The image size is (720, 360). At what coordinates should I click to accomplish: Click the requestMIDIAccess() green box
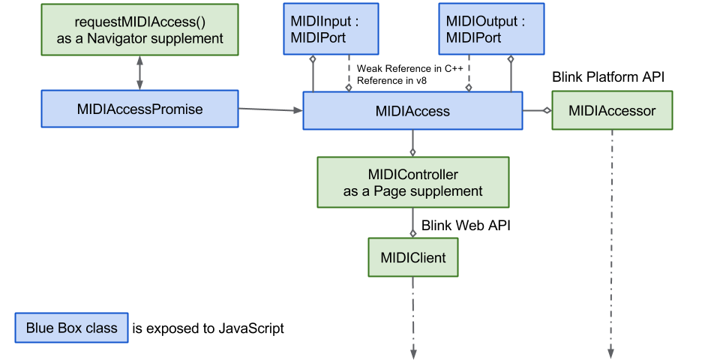tap(139, 29)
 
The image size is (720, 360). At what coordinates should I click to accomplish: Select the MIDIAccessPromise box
tap(139, 109)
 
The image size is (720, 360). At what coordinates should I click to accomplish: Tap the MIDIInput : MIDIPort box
tap(330, 29)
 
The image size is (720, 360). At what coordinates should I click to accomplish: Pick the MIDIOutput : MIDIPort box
tap(484, 29)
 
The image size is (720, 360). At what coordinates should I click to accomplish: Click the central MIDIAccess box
tap(412, 111)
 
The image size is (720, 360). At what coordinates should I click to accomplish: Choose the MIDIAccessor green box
tap(612, 110)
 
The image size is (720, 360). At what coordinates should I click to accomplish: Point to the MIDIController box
tap(412, 182)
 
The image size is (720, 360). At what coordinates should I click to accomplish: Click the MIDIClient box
tap(412, 258)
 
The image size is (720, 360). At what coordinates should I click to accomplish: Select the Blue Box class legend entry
tap(72, 328)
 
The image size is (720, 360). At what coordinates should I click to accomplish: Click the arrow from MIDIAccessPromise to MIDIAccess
tap(270, 110)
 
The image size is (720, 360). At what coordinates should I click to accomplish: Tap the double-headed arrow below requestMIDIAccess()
tap(139, 73)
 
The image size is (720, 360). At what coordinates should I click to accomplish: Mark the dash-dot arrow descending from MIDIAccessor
tap(612, 240)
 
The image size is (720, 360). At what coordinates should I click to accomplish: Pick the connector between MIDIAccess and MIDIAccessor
tap(537, 110)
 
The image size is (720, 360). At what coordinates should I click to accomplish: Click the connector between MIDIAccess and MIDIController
tap(412, 142)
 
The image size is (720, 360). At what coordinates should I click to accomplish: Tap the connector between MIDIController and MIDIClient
tap(412, 223)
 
